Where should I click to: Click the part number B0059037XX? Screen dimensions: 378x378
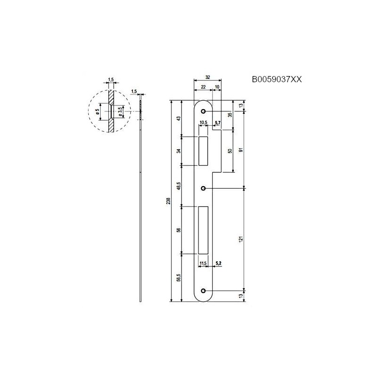coord(277,80)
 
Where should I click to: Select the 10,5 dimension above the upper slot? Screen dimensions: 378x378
coord(204,123)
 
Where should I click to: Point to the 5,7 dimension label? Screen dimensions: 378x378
coord(218,123)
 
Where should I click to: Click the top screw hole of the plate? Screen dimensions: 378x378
coord(204,112)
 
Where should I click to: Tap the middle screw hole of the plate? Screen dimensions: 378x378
coord(204,188)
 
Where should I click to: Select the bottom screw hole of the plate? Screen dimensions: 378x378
coord(204,291)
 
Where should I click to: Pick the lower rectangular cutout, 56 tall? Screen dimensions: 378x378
coord(204,230)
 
